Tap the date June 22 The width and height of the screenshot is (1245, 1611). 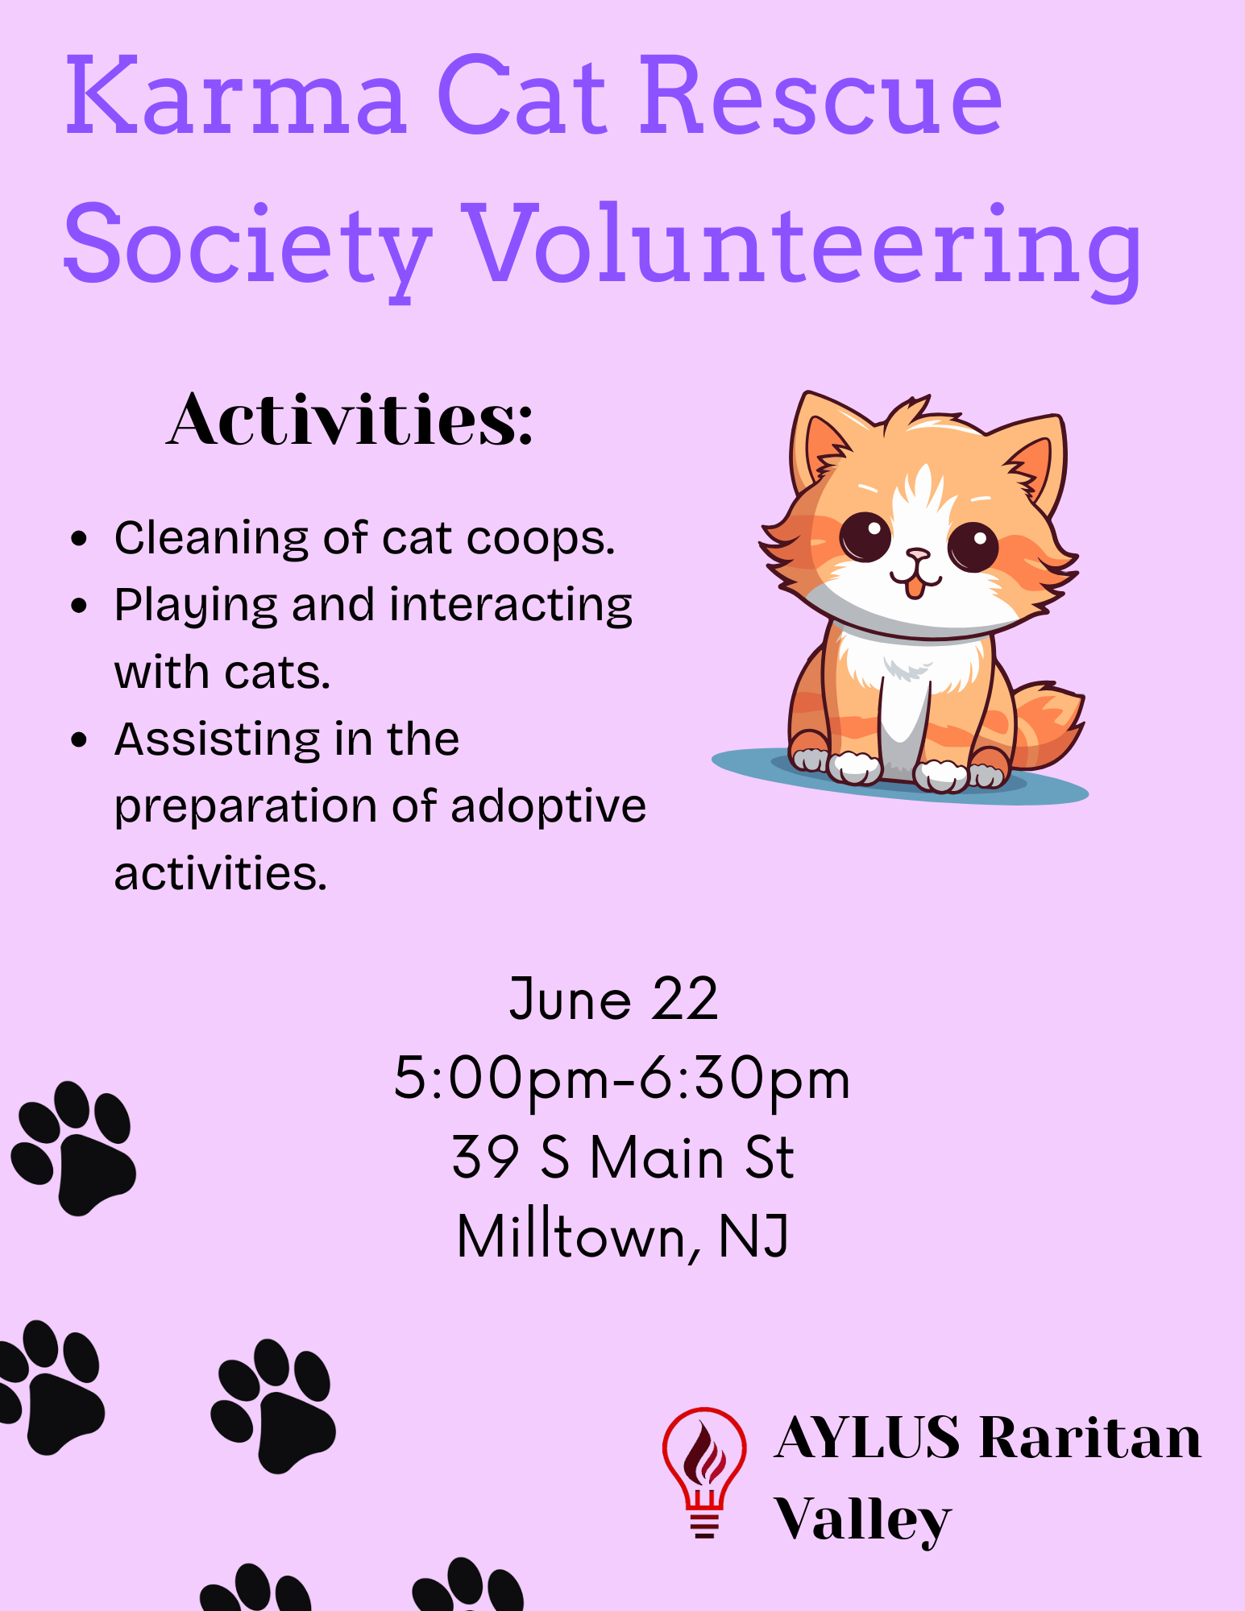613,1000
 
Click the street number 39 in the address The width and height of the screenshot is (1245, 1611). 485,1157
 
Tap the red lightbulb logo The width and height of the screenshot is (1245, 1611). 704,1472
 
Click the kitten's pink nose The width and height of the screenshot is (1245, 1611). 917,555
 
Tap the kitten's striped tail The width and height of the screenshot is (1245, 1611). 1047,725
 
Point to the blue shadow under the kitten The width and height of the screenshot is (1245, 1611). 899,779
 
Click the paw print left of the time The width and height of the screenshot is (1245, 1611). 73,1148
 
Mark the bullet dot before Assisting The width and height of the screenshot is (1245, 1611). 78,739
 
